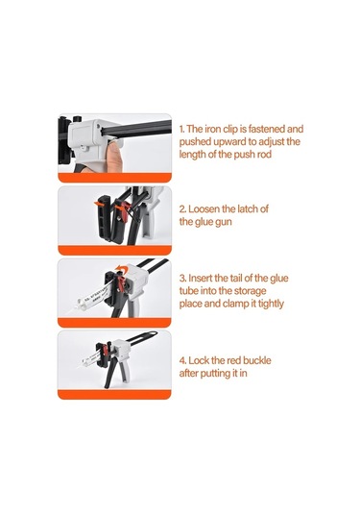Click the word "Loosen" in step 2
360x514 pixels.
pyautogui.click(x=204, y=208)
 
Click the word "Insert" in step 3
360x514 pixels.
pyautogui.click(x=201, y=279)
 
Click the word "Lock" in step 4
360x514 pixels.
pyautogui.click(x=199, y=360)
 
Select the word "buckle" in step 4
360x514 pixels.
pyautogui.click(x=257, y=360)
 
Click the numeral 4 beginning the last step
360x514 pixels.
pyautogui.click(x=182, y=361)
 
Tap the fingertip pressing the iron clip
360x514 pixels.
pyautogui.click(x=114, y=155)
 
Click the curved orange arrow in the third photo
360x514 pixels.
pyautogui.click(x=122, y=269)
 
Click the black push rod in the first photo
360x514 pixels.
pyautogui.click(x=137, y=128)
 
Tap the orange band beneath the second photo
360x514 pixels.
pyautogui.click(x=114, y=251)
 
